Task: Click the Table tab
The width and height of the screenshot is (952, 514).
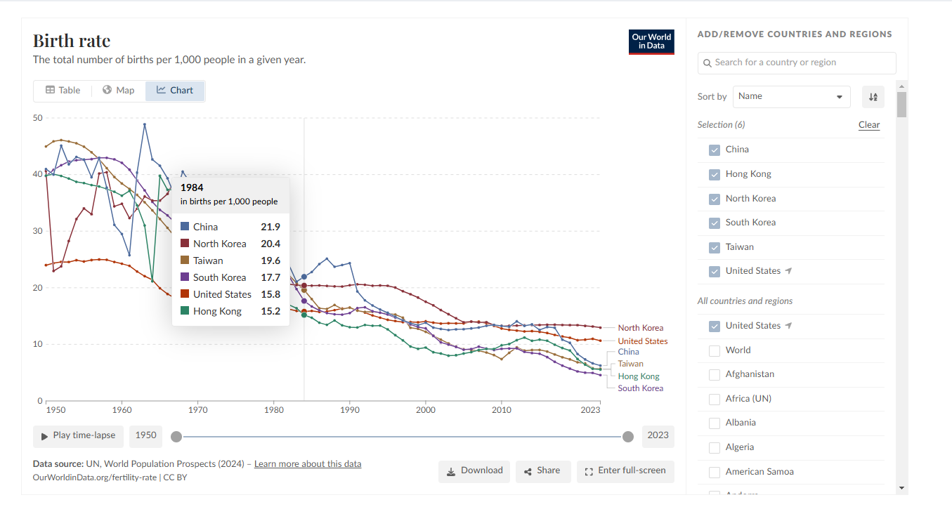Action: coord(63,91)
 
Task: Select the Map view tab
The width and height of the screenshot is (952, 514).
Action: coord(119,91)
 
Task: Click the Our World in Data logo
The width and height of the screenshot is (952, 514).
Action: coord(651,41)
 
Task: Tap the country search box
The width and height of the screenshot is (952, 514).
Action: coord(797,63)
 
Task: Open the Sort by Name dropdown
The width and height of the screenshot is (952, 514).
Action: coord(791,96)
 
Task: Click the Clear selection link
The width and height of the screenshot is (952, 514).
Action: coord(868,125)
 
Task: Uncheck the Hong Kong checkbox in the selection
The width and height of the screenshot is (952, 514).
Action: coord(715,175)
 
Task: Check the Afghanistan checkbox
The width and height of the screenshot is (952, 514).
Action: coord(715,375)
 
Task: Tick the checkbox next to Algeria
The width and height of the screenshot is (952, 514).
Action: coord(715,448)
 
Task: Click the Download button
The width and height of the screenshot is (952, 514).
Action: coord(474,471)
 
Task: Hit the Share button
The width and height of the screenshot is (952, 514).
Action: coord(542,471)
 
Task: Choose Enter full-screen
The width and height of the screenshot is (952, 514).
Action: coord(625,471)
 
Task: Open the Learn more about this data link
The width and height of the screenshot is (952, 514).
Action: coord(308,464)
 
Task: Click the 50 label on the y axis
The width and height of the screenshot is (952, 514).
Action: coord(37,118)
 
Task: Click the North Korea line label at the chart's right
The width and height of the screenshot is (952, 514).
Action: coord(640,328)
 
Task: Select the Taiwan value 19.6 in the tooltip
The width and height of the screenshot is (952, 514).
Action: coord(270,261)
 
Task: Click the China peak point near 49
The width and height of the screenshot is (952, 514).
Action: coord(145,124)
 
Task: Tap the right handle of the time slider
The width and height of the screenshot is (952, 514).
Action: coord(627,437)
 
